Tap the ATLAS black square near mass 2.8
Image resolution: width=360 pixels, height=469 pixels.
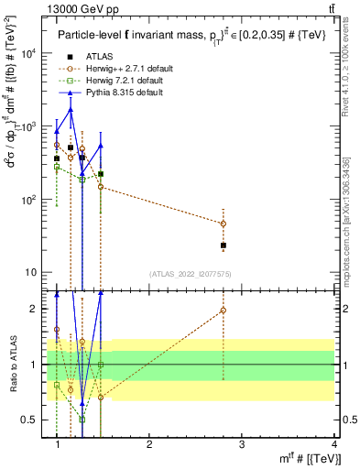[224, 245]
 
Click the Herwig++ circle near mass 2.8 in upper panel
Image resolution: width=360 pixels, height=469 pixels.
[224, 224]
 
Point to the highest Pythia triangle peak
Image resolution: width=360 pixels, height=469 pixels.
[71, 110]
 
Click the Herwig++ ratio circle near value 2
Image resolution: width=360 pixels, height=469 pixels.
[224, 311]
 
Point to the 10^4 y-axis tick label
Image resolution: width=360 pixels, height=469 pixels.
[27, 53]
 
